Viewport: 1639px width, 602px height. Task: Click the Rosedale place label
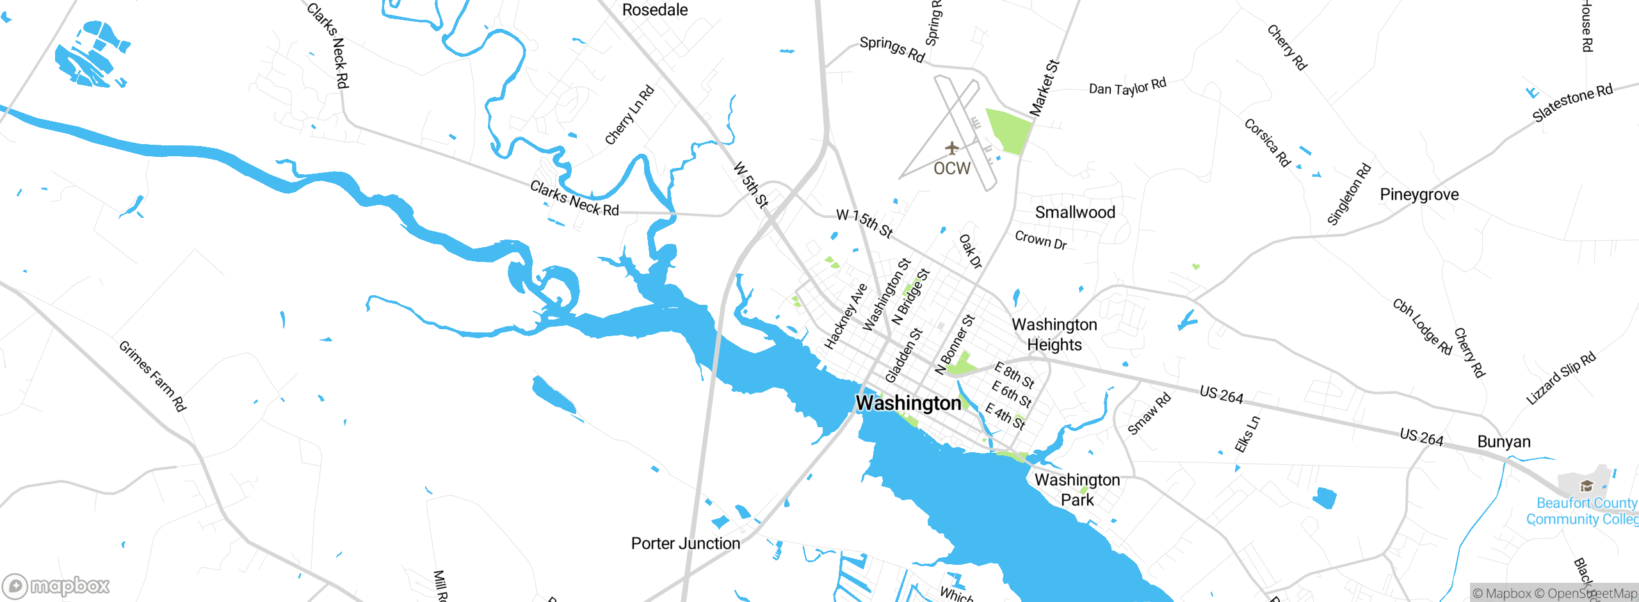pos(654,10)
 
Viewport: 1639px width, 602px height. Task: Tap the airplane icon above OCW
pos(952,149)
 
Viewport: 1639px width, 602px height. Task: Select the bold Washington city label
pos(908,403)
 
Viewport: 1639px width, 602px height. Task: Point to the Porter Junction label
pos(685,543)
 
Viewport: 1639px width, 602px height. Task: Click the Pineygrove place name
pos(1419,195)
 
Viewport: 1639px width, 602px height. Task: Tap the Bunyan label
pos(1503,442)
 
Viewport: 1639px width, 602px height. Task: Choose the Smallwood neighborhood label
pos(1075,213)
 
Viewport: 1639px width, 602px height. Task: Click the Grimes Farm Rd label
pos(152,376)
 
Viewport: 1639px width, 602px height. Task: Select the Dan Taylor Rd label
pos(1127,86)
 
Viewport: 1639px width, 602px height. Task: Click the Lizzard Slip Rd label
pos(1561,378)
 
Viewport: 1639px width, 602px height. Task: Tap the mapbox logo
pos(56,585)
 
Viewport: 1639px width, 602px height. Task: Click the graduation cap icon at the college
pos(1587,485)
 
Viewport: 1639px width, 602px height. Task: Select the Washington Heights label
pos(1054,334)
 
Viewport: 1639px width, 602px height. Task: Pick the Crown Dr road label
pos(1040,241)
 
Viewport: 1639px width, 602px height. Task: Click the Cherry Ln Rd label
pos(629,115)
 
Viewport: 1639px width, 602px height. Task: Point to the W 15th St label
pos(864,223)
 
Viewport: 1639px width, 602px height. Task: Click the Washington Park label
pos(1077,489)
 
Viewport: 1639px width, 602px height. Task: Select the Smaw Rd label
pos(1149,414)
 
